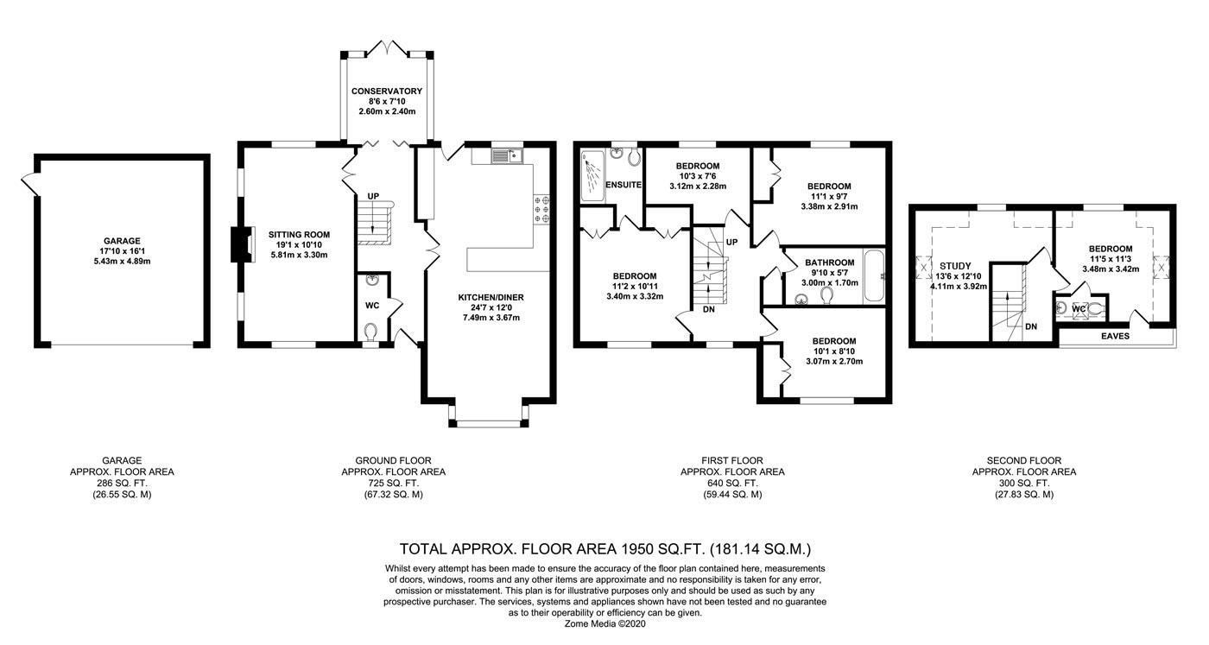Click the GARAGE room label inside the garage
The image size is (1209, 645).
(x=122, y=241)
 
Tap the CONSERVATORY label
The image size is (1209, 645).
(x=387, y=92)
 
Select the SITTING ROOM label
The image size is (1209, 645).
(x=299, y=235)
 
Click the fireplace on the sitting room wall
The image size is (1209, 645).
(x=243, y=244)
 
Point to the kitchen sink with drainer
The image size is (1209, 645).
(x=506, y=156)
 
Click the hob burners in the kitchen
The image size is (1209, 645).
(x=541, y=209)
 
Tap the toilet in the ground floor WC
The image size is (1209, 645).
(x=370, y=331)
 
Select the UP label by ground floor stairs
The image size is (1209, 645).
(x=373, y=196)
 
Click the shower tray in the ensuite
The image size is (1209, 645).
(x=592, y=176)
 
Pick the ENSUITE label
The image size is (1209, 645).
(x=623, y=185)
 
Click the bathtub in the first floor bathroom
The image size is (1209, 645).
(x=874, y=275)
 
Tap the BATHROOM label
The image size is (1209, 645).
(x=830, y=262)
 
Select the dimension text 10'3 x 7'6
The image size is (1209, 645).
(x=698, y=176)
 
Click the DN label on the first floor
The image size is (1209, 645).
(x=709, y=309)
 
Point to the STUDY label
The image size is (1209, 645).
(x=955, y=266)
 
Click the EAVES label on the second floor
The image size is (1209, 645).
(x=1115, y=336)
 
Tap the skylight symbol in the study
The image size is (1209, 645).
(x=923, y=267)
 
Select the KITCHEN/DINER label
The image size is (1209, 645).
(x=491, y=297)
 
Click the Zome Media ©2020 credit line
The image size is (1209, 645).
(x=604, y=624)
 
